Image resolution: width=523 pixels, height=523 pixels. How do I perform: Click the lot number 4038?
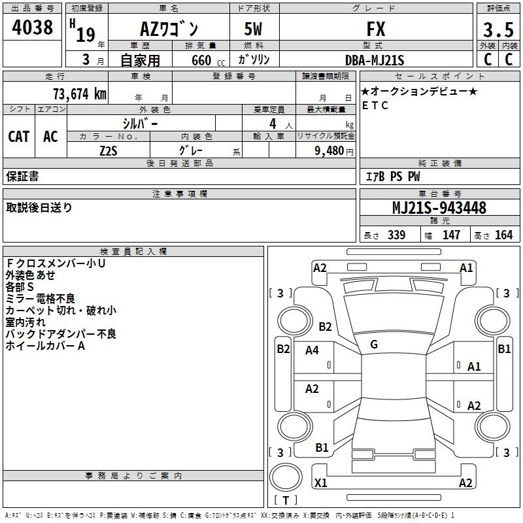[x=32, y=27]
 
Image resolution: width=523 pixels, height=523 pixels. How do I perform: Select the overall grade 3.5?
[x=498, y=29]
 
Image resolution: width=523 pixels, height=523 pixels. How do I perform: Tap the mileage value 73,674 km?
[x=80, y=94]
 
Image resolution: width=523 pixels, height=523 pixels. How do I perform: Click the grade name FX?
[x=376, y=29]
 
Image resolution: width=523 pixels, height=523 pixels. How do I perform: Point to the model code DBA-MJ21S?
[x=375, y=60]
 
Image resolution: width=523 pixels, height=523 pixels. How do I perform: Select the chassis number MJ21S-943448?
[x=439, y=208]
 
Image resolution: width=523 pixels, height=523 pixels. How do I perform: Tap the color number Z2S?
[x=109, y=151]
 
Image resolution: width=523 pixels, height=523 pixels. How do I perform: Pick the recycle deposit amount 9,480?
[x=329, y=151]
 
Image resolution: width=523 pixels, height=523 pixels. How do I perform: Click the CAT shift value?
[x=19, y=137]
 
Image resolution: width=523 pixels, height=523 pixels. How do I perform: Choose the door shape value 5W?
[x=253, y=29]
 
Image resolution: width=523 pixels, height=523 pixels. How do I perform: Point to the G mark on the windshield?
[x=374, y=345]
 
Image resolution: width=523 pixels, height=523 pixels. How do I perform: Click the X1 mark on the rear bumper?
[x=320, y=482]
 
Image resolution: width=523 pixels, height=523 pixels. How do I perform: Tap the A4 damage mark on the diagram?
[x=312, y=350]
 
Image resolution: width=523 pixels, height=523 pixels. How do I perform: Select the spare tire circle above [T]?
[x=286, y=477]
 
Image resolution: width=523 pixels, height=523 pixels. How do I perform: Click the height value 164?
[x=503, y=235]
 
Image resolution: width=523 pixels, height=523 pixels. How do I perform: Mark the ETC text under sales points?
[x=375, y=105]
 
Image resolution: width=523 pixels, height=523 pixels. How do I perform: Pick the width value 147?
[x=451, y=235]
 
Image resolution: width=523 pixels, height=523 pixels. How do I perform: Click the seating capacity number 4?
[x=273, y=124]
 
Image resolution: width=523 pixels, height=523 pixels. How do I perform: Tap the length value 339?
[x=397, y=235]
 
